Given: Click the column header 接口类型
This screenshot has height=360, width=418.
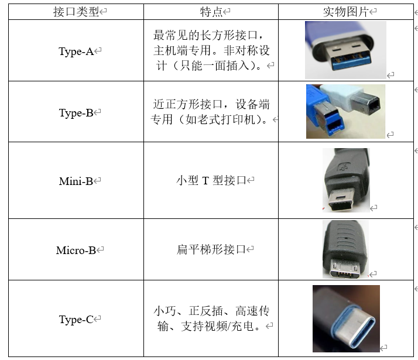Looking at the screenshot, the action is point(76,12).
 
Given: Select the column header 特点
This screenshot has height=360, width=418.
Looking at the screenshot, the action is point(211,12).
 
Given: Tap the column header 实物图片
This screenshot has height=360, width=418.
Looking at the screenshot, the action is point(346,12).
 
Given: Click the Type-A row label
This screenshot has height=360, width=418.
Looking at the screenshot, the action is point(76,51).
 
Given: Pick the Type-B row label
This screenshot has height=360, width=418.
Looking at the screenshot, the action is point(76,113).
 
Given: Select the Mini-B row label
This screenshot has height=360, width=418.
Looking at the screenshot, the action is point(76,181).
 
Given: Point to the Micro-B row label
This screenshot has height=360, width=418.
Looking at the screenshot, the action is point(76,250).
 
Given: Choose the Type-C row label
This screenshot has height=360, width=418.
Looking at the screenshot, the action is point(76,319).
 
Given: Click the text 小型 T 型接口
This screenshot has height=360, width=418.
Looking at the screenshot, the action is point(211,180).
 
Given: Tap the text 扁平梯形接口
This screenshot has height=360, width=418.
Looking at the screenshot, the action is point(211,249).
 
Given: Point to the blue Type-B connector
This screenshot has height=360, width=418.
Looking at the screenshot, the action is point(324,111).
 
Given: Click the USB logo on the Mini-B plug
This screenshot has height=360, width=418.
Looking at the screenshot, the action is point(343,167).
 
